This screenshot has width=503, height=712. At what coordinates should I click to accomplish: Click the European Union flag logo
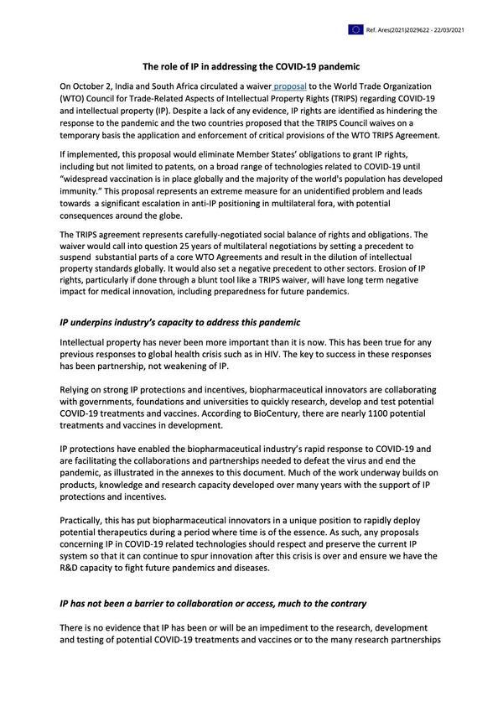[356, 29]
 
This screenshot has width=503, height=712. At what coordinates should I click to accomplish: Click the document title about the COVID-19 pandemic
[251, 66]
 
